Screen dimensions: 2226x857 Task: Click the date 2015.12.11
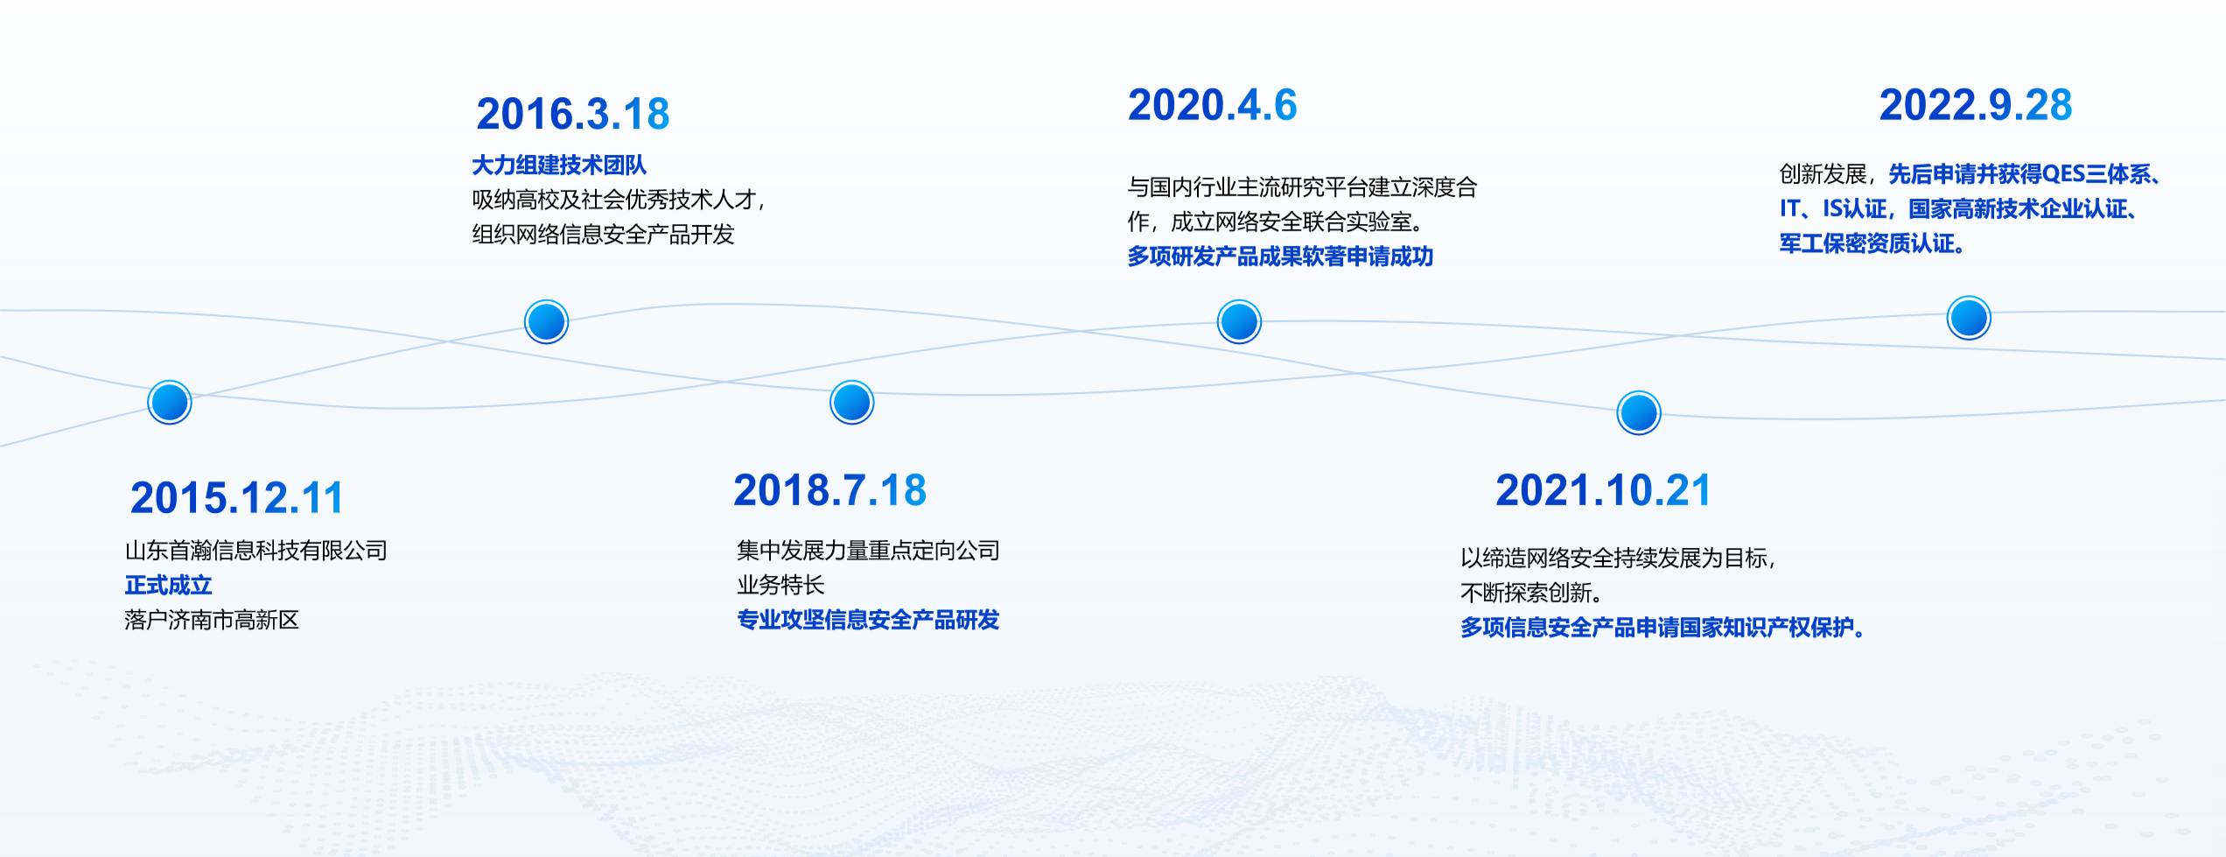[236, 498]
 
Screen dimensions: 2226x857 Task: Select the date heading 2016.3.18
[573, 114]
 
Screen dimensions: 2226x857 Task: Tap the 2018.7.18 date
[829, 490]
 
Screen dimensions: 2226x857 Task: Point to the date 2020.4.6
[1213, 105]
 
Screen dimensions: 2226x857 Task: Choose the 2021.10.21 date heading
[1602, 490]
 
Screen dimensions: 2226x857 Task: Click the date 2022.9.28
[1976, 105]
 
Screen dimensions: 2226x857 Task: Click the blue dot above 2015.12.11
[170, 403]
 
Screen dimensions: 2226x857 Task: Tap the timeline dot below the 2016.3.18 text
[547, 321]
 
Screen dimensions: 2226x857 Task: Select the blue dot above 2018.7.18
[852, 403]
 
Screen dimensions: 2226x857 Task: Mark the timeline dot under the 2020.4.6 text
[1240, 321]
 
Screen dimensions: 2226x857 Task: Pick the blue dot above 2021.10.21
[1639, 412]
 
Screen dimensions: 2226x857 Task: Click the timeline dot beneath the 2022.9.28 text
[1970, 318]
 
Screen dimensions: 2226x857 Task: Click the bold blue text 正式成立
[168, 585]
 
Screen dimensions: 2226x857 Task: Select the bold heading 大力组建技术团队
[559, 165]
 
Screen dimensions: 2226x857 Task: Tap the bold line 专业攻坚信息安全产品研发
[868, 620]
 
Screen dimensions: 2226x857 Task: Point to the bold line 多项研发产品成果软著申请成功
[1280, 256]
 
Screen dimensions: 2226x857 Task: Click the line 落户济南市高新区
[212, 620]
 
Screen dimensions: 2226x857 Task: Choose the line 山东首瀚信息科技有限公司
[255, 551]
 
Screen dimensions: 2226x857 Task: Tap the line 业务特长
[780, 585]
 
